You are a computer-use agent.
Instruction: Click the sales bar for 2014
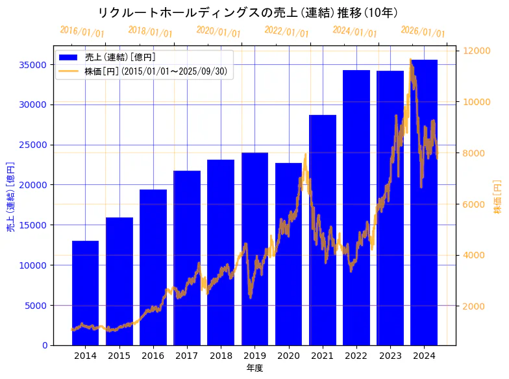tap(85, 293)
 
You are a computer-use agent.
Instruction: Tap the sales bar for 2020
tap(288, 254)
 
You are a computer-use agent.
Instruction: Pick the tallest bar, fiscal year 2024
tap(424, 202)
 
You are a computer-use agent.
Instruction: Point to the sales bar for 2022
tap(356, 207)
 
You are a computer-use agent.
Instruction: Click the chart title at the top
tap(247, 12)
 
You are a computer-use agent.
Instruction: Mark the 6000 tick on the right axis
tap(473, 204)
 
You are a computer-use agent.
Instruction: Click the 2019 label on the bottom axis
tap(255, 356)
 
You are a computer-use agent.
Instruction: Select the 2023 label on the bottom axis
tap(390, 356)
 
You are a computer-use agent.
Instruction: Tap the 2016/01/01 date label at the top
tap(82, 32)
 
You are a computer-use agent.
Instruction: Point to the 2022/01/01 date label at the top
tap(286, 32)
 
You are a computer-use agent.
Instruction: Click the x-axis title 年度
tap(255, 369)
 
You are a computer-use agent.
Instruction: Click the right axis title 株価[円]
tap(497, 197)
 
